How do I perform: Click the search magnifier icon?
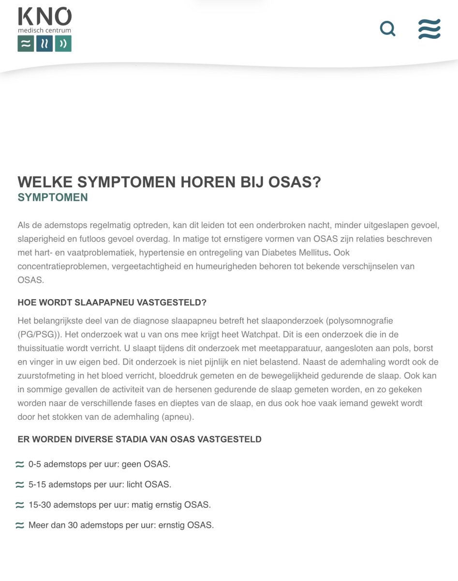[387, 29]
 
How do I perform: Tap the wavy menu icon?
[429, 29]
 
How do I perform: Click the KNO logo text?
[44, 16]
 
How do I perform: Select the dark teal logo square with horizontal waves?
[26, 44]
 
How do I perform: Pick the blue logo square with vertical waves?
[44, 44]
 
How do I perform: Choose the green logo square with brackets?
[63, 44]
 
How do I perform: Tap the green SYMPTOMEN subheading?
[53, 198]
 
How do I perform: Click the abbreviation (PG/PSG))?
[41, 335]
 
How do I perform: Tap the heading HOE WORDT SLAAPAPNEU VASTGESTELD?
[112, 303]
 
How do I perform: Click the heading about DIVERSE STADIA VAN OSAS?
[139, 440]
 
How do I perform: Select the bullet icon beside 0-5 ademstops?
[20, 464]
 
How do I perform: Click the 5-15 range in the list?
[37, 484]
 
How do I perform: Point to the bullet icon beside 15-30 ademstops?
[20, 505]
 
